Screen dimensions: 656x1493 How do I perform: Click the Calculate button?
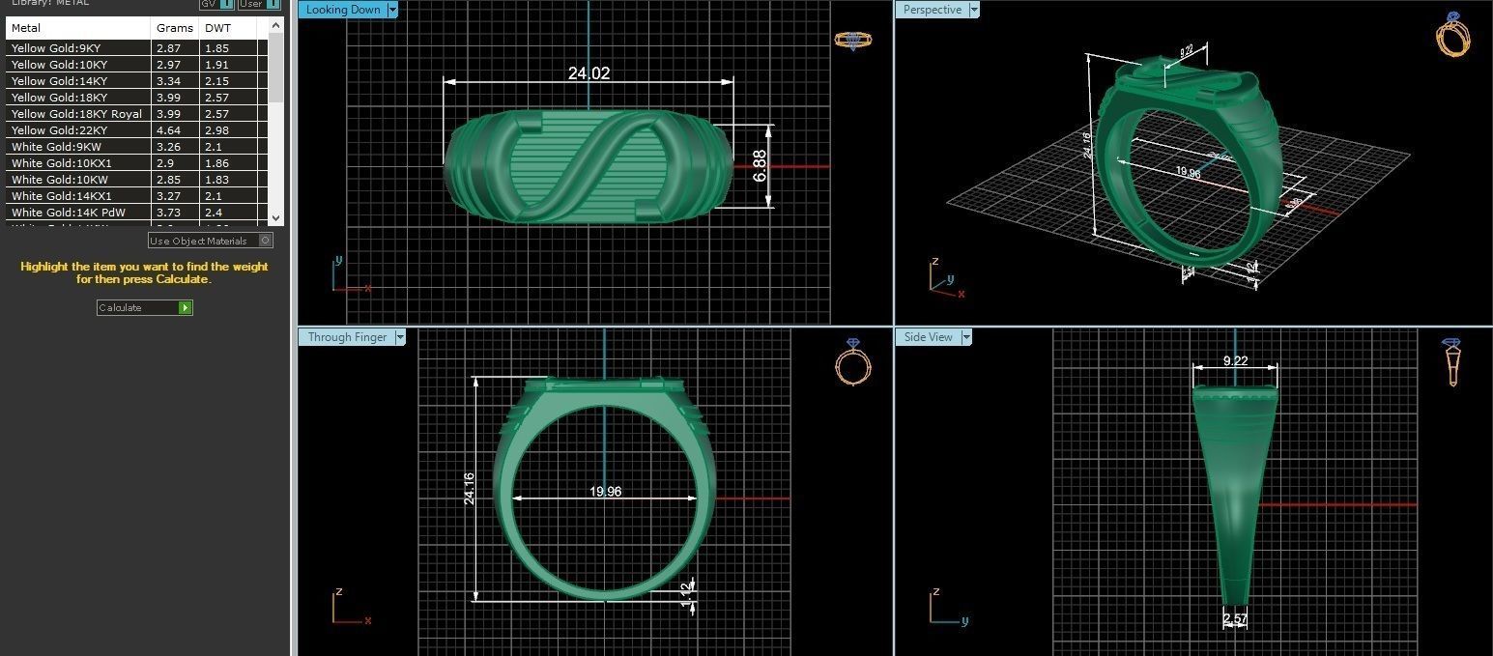pyautogui.click(x=144, y=307)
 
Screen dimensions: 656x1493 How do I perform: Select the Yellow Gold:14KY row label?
pyautogui.click(x=59, y=81)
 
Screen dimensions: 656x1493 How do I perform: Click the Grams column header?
pyautogui.click(x=175, y=28)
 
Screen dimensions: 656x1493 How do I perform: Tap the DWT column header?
pyautogui.click(x=217, y=28)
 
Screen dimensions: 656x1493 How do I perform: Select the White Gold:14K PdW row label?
pyautogui.click(x=68, y=213)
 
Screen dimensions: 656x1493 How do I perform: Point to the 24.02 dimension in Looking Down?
pyautogui.click(x=589, y=73)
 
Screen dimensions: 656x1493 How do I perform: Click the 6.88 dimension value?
pyautogui.click(x=761, y=165)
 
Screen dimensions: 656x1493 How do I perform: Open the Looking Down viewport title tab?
pyautogui.click(x=343, y=10)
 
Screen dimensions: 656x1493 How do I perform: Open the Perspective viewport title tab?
pyautogui.click(x=932, y=10)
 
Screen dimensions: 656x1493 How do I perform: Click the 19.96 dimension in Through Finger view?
pyautogui.click(x=605, y=492)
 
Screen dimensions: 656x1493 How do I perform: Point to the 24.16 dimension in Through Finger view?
pyautogui.click(x=470, y=490)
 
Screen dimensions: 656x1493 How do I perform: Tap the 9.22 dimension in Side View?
pyautogui.click(x=1235, y=361)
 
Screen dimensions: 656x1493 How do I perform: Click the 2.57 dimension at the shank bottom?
pyautogui.click(x=1234, y=618)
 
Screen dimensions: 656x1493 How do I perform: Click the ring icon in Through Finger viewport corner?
pyautogui.click(x=852, y=363)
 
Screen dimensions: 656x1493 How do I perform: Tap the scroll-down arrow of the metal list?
pyautogui.click(x=276, y=218)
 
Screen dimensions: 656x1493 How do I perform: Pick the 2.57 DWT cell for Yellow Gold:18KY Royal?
pyautogui.click(x=217, y=114)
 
